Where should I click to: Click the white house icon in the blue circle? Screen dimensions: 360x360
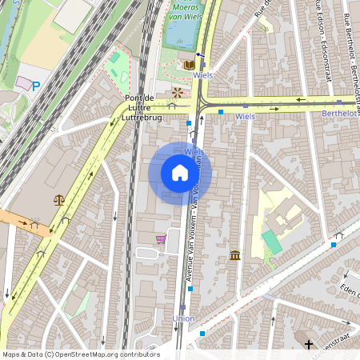click(x=180, y=173)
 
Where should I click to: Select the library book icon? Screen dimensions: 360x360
click(x=190, y=64)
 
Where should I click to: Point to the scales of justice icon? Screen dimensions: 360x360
click(x=59, y=200)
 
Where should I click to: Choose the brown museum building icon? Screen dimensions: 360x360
click(x=235, y=255)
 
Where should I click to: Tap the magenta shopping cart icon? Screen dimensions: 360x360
click(x=161, y=239)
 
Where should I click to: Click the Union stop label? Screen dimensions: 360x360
click(x=183, y=318)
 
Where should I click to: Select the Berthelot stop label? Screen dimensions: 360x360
click(x=339, y=114)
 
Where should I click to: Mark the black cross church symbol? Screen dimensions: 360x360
click(x=309, y=345)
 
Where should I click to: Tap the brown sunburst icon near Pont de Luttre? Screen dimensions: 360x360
click(x=177, y=92)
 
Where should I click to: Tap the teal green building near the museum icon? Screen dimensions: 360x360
click(x=272, y=242)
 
